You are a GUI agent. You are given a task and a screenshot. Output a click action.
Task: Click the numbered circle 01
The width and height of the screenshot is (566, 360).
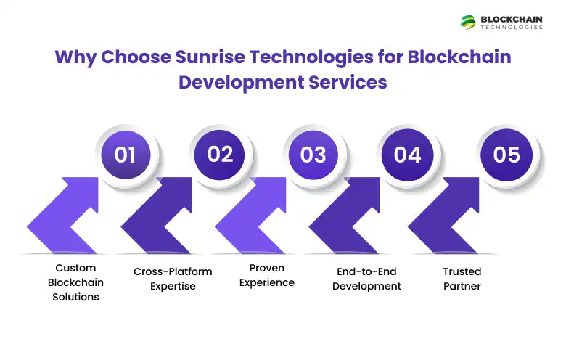click(126, 155)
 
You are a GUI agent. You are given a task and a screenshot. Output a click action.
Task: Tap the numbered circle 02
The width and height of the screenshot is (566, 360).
click(221, 155)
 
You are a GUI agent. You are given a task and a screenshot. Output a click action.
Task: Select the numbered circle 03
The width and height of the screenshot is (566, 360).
click(313, 155)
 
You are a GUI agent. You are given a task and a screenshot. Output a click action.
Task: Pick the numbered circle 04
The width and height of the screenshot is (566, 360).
click(408, 155)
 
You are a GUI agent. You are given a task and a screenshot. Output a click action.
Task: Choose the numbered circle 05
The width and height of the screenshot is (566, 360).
click(506, 155)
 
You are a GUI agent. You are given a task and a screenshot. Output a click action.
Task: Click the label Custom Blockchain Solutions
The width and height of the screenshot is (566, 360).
click(75, 282)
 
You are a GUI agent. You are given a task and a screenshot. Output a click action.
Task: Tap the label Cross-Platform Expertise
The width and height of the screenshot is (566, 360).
click(173, 279)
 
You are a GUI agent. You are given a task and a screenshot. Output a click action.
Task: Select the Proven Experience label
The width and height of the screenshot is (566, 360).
click(267, 275)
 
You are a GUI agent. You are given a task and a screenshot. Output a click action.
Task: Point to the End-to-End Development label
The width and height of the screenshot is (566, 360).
click(366, 279)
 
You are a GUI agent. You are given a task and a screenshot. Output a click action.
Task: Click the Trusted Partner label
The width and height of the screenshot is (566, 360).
click(462, 279)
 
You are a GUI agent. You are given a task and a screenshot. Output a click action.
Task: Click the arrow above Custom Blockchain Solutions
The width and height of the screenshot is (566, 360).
click(69, 218)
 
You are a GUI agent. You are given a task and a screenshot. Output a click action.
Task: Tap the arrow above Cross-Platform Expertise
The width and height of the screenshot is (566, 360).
click(163, 218)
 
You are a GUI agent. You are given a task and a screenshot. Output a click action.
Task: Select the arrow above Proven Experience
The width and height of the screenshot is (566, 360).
click(258, 218)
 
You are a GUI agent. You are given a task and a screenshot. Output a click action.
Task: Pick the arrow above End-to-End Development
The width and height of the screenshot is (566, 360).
click(352, 218)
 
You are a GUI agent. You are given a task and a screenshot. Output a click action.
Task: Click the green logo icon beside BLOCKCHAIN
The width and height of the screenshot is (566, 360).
click(468, 22)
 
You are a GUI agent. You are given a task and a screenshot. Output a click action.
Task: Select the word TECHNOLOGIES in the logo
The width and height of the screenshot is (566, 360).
click(511, 28)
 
